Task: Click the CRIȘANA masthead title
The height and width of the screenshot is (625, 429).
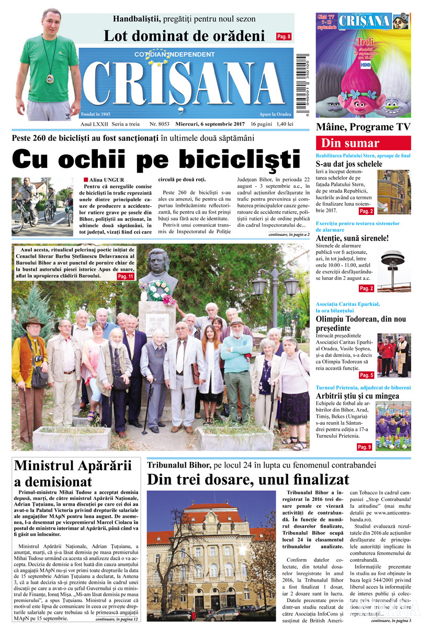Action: [183, 84]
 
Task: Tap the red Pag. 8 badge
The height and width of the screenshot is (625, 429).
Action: [284, 37]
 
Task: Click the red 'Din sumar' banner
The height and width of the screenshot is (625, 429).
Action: [363, 143]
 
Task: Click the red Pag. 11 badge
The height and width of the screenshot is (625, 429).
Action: [125, 276]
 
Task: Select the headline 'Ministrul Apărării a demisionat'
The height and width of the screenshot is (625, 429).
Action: [73, 473]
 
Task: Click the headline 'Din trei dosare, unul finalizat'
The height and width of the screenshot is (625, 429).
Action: [248, 479]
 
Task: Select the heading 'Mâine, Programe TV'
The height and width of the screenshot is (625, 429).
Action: [363, 127]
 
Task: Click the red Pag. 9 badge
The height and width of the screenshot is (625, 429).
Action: [364, 447]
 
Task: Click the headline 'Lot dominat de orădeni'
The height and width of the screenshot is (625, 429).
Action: [184, 36]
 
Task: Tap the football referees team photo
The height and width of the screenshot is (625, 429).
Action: [393, 426]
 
